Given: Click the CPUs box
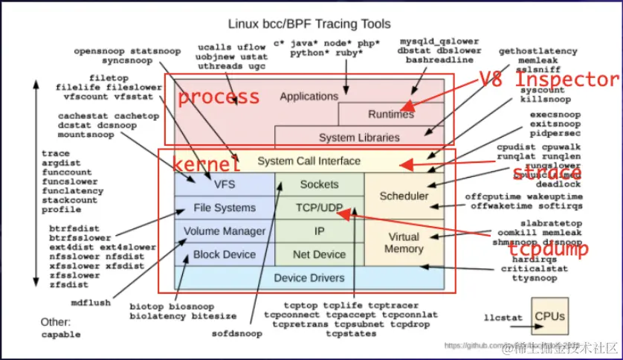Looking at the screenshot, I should [x=549, y=315].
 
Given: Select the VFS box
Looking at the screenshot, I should [x=224, y=184].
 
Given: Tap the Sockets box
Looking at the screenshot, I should [x=319, y=184].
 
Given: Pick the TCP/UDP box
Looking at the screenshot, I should [x=319, y=208].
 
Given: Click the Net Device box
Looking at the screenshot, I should [x=319, y=254].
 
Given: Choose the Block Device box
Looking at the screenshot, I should [x=224, y=254].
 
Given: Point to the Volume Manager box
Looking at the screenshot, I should [x=224, y=231].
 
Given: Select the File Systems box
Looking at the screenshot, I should [x=224, y=208].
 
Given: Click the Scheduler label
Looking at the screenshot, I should [x=404, y=196].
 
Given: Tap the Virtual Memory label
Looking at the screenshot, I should [x=404, y=242].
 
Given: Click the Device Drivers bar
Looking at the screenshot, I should [x=309, y=278].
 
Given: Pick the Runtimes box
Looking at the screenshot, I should [x=391, y=115].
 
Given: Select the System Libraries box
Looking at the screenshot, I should [x=359, y=138].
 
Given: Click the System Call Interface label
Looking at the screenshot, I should [x=309, y=161].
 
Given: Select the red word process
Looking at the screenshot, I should [x=219, y=97].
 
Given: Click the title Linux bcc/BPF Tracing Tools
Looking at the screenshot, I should [x=309, y=25].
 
